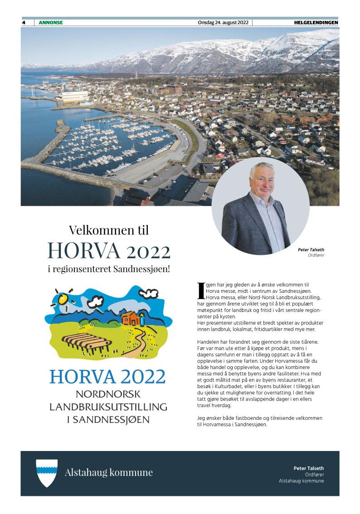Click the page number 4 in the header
pos(24,23)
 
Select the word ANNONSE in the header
pos(51,23)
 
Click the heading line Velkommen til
pos(109,230)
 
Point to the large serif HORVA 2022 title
pos(109,250)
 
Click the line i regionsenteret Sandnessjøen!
pos(109,269)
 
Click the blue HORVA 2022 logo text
pos(108,377)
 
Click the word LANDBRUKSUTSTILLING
pos(108,406)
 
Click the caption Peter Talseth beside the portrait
pos(311,249)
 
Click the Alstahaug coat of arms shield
pos(47,473)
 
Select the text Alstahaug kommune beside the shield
pos(109,473)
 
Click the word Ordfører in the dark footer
pos(315,475)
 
